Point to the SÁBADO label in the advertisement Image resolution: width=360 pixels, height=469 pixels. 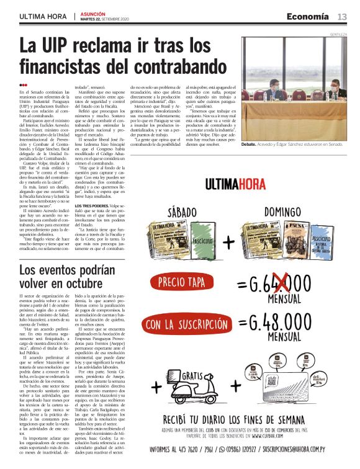tap(173, 212)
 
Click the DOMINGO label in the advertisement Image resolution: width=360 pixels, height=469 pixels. tap(283, 212)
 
